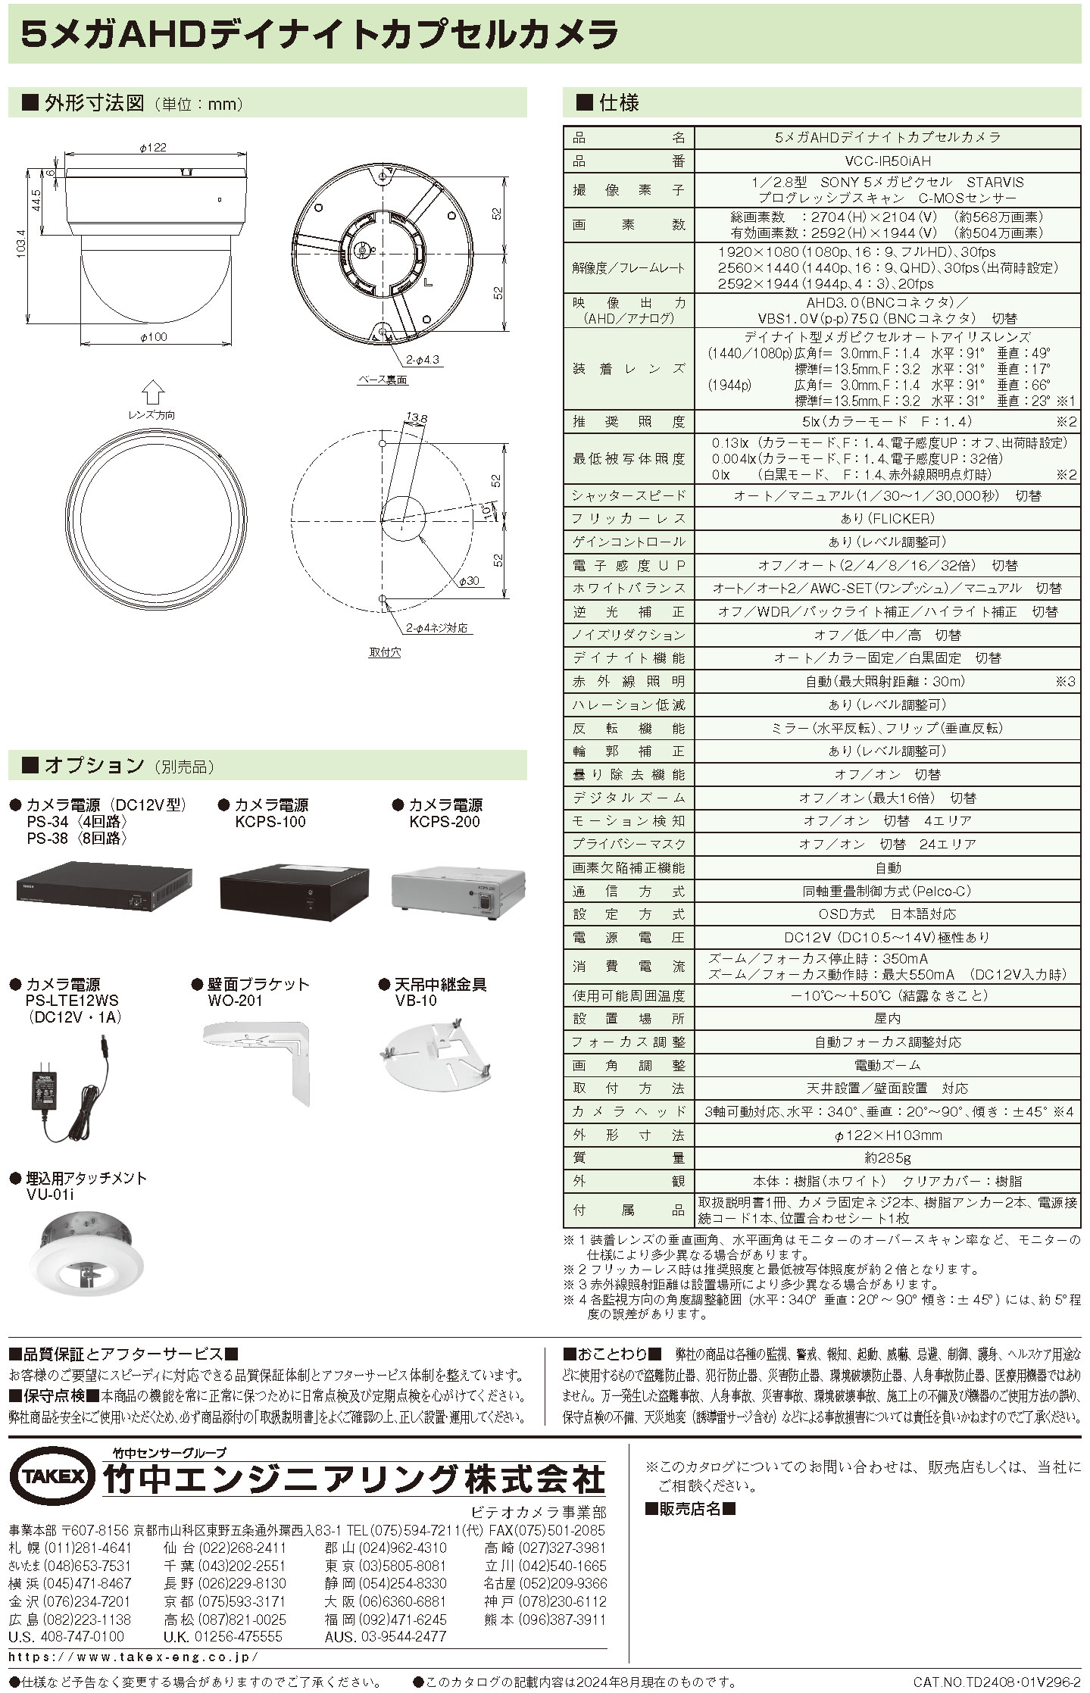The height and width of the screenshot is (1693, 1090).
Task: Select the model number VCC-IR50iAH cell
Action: click(x=888, y=161)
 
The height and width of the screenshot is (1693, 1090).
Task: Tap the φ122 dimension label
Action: click(x=153, y=148)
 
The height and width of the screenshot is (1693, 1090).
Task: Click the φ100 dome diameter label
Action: click(x=153, y=337)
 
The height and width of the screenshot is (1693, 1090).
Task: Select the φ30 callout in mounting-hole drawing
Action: click(x=469, y=581)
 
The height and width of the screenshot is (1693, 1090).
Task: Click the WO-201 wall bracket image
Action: click(x=258, y=1061)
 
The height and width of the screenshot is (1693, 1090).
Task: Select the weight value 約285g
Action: click(x=888, y=1157)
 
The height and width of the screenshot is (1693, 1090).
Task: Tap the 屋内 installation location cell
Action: click(x=888, y=1019)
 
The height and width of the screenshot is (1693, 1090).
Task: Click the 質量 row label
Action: click(x=629, y=1157)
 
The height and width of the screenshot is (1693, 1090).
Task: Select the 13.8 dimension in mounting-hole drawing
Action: click(x=416, y=417)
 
